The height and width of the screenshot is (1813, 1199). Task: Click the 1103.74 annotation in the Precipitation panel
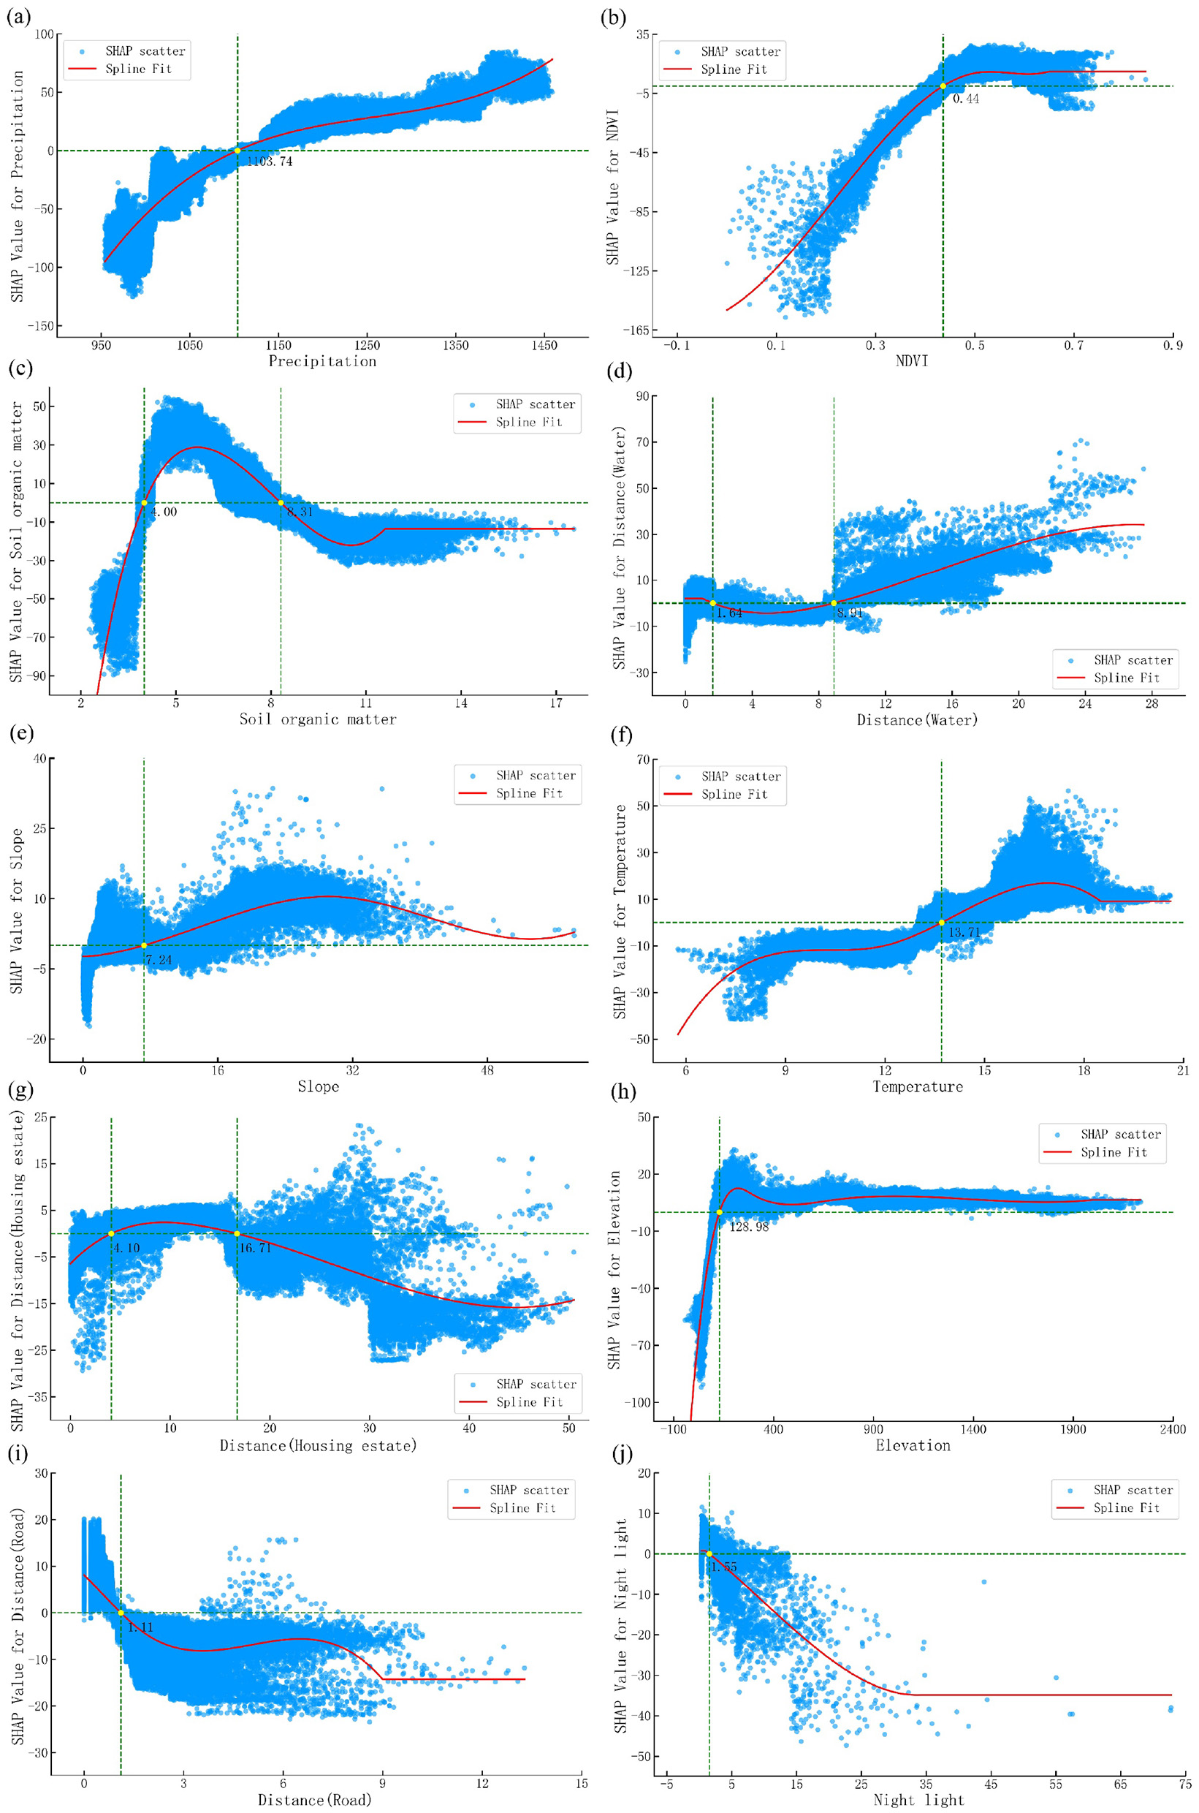point(269,162)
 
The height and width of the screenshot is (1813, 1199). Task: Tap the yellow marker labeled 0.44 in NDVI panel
point(943,86)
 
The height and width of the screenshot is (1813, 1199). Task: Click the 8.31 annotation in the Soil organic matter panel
point(300,512)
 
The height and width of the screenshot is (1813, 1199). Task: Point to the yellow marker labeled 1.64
point(712,603)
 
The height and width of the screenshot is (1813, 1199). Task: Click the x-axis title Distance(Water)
point(917,720)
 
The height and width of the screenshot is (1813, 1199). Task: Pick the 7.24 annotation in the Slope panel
point(159,959)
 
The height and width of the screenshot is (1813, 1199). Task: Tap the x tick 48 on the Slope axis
point(487,1070)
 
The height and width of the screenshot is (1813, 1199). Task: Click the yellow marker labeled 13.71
point(941,922)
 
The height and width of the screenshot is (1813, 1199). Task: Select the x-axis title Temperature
point(917,1086)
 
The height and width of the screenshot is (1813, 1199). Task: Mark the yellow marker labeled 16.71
point(237,1233)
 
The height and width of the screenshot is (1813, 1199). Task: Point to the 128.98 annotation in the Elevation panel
point(749,1226)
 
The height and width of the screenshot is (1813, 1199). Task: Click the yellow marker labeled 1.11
point(121,1613)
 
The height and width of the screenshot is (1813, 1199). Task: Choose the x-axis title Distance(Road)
point(314,1800)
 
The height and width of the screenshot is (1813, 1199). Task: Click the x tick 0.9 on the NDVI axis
point(1173,346)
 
